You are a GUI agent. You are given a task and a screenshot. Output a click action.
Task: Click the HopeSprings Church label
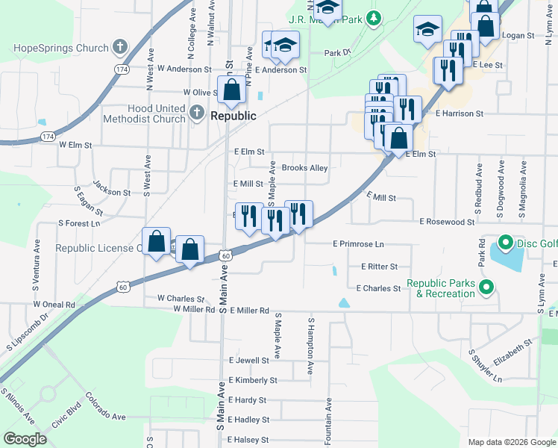tap(61, 49)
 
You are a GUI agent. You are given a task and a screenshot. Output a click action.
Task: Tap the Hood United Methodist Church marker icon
tap(196, 113)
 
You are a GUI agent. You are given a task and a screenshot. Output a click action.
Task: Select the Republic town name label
tap(233, 116)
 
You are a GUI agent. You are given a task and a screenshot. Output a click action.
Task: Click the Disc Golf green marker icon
tap(504, 243)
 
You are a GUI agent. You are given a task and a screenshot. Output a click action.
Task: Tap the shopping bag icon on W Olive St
tap(232, 90)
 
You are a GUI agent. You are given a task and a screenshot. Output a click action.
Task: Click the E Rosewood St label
tap(447, 222)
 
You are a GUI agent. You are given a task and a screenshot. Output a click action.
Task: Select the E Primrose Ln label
tap(358, 244)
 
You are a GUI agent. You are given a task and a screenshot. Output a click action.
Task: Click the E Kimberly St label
tap(253, 380)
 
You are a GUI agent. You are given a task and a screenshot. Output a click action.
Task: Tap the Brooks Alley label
tap(304, 168)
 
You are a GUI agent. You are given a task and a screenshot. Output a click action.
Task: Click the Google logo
tap(25, 439)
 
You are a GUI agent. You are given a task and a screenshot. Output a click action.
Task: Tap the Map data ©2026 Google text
tap(511, 442)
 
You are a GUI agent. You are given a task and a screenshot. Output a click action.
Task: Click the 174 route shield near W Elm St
tap(48, 137)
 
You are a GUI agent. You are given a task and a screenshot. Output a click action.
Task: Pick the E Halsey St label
tap(248, 440)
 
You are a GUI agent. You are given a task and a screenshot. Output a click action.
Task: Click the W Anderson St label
tap(180, 69)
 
